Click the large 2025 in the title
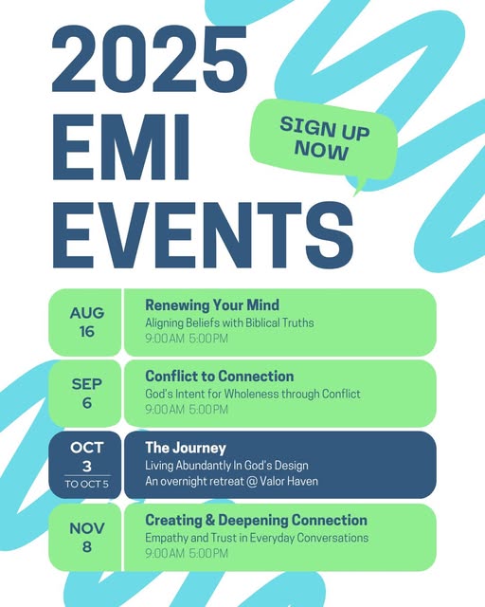150,59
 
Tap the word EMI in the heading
121,147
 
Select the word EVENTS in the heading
203,235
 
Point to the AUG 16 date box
84,322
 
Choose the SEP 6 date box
84,394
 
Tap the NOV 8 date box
84,538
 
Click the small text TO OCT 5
87,484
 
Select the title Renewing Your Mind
212,305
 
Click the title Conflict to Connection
220,376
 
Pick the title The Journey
186,448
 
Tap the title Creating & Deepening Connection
256,520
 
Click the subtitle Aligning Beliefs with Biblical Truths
229,322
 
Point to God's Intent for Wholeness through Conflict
253,394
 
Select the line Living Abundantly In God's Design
226,466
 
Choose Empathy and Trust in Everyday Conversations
257,538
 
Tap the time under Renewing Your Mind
187,339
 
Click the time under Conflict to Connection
187,409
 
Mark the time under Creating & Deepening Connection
187,553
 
